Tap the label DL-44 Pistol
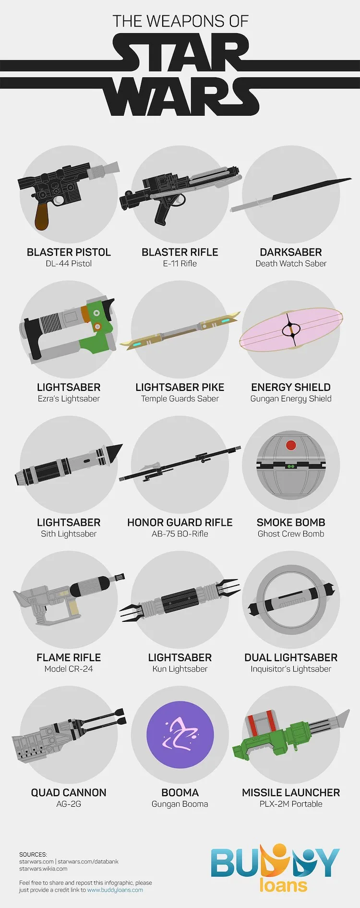[69, 264]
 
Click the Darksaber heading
[291, 252]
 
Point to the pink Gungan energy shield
[291, 330]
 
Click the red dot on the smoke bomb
[291, 445]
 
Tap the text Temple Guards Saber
[180, 399]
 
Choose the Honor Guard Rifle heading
[180, 522]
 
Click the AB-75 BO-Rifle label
[180, 534]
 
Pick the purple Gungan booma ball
[180, 734]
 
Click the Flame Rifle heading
[69, 657]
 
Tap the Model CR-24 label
[69, 669]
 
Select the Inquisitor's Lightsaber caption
[291, 669]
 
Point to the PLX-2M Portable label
[291, 804]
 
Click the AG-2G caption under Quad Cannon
[69, 804]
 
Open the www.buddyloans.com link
[115, 890]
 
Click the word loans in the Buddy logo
[283, 884]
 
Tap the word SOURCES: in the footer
[33, 855]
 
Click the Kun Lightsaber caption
[180, 669]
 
